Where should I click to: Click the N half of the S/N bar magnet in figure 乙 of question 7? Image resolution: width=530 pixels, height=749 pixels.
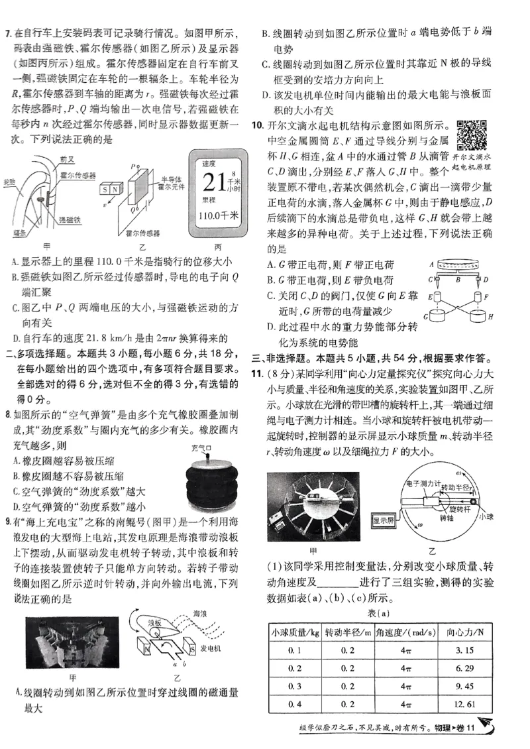(x=115, y=189)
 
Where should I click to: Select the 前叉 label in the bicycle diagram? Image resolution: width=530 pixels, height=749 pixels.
(x=66, y=160)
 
